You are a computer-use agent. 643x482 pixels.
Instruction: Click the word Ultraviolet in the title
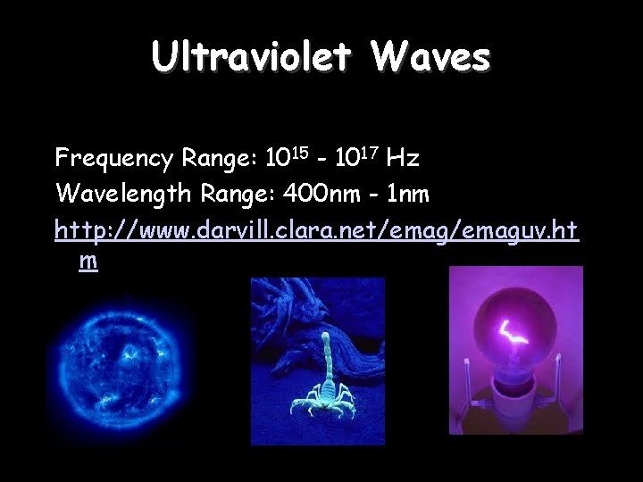point(251,57)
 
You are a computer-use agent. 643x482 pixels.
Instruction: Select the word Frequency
point(113,159)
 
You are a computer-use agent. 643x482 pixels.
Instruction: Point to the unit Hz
point(403,159)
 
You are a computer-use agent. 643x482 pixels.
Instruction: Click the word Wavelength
point(123,193)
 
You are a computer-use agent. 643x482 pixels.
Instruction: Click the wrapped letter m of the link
point(88,262)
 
